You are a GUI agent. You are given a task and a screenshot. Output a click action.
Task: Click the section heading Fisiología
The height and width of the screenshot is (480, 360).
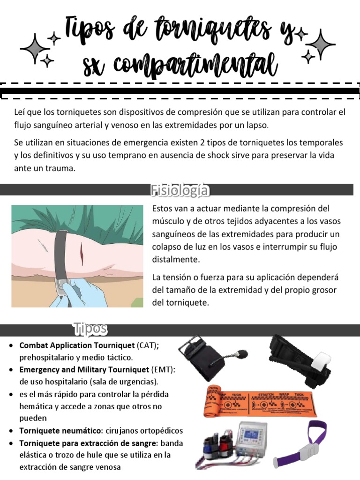click(180, 190)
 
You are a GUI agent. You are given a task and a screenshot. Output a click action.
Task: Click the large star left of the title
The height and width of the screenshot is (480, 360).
click(35, 48)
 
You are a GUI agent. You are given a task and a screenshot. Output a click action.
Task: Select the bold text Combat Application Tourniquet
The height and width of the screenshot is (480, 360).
click(77, 345)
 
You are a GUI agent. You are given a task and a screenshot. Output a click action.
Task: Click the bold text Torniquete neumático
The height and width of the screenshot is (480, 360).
click(60, 430)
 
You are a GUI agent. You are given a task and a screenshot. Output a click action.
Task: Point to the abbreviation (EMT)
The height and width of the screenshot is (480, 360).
click(162, 370)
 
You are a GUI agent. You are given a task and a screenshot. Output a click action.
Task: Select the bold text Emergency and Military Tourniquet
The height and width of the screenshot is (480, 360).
click(85, 370)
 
